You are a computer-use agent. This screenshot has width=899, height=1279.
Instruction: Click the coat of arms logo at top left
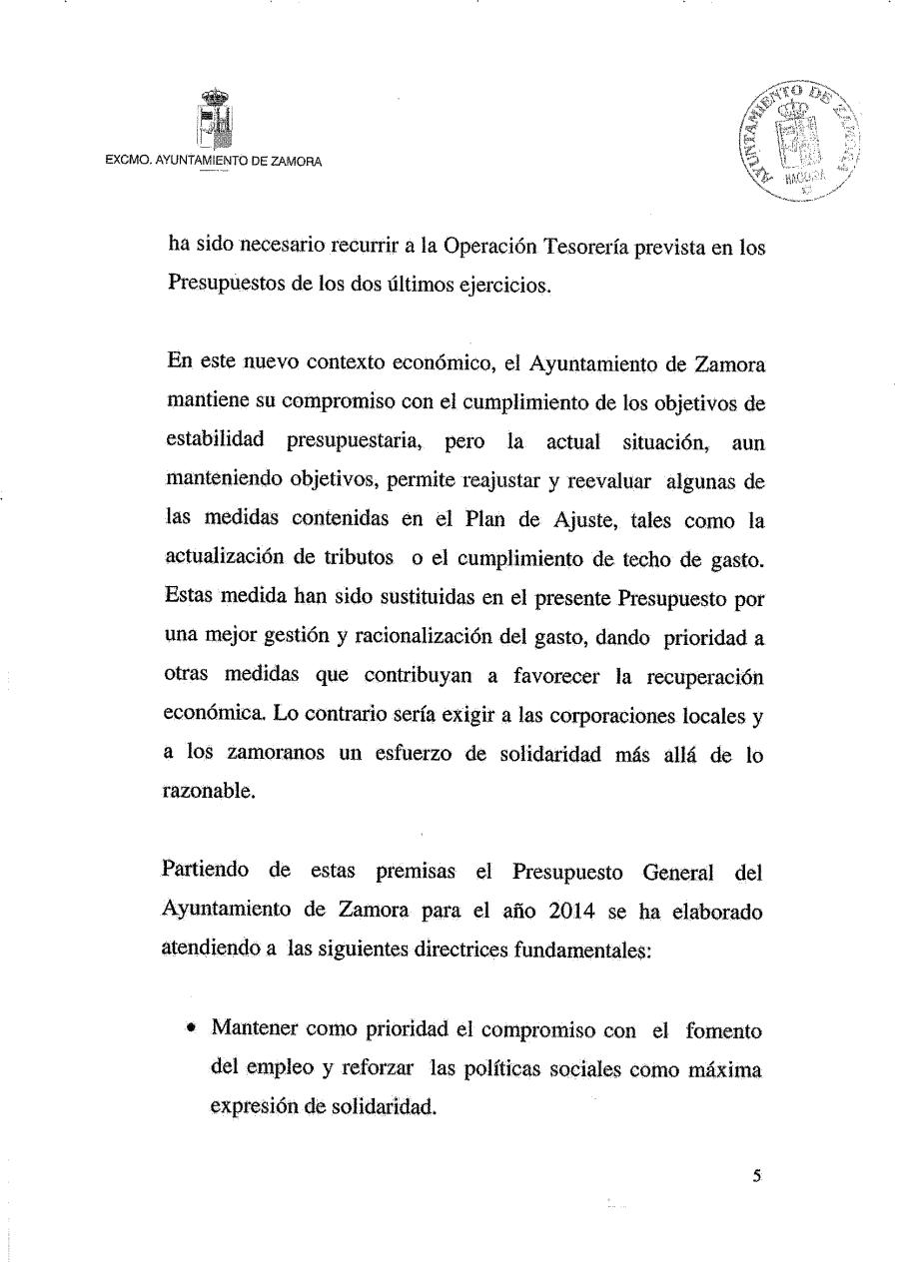click(216, 118)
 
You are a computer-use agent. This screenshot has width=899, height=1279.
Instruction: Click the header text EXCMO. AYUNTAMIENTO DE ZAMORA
click(214, 162)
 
